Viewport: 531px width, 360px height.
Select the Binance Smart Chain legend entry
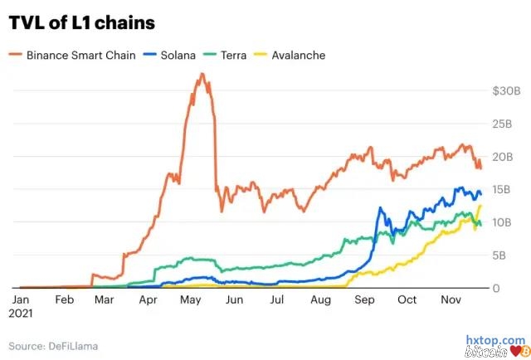78,56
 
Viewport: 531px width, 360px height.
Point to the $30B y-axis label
507,90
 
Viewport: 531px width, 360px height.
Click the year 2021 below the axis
21,314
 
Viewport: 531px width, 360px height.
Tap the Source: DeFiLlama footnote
51,344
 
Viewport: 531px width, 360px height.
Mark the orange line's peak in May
202,75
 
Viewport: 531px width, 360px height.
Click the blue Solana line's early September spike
382,208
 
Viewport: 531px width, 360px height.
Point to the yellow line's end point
480,206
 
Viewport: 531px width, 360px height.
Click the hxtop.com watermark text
494,340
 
